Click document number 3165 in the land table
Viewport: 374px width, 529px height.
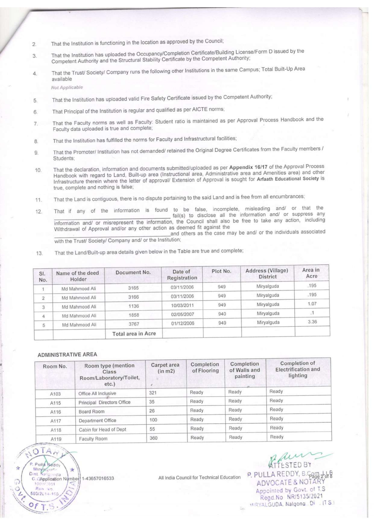point(133,288)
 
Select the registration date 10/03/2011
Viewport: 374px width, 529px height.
point(182,305)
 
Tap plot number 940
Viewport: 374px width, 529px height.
point(222,314)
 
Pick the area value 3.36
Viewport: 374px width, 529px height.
point(312,322)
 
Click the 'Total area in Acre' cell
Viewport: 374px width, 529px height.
point(134,333)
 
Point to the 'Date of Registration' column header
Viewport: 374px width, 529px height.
point(182,275)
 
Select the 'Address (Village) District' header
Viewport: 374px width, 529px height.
point(267,273)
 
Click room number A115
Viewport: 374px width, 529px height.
point(55,403)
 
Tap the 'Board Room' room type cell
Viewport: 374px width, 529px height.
point(91,411)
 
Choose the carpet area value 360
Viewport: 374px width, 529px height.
point(154,438)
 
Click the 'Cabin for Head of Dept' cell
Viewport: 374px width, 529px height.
point(103,430)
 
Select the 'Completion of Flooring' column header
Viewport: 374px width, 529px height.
point(205,367)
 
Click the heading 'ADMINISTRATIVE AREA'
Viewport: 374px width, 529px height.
point(67,355)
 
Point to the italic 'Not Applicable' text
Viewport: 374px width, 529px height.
point(67,87)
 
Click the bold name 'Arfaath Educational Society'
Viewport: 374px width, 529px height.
point(288,178)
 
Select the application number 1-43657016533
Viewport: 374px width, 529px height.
point(98,478)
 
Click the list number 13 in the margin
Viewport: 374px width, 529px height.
point(39,253)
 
